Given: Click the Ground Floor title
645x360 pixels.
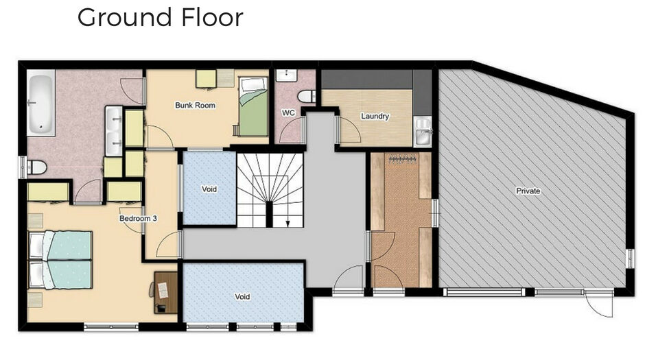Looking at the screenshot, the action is click(161, 18).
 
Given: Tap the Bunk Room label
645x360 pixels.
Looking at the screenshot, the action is click(196, 105).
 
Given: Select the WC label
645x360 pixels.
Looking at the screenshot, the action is click(288, 112).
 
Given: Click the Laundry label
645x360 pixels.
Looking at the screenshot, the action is click(375, 117).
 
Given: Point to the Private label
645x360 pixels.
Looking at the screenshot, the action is click(528, 191).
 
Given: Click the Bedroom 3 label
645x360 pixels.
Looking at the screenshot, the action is click(138, 218).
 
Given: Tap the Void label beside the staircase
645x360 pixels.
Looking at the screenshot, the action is click(209, 189).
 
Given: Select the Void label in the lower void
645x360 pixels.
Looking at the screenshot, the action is click(242, 296).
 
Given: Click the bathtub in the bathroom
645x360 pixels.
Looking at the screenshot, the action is click(40, 103).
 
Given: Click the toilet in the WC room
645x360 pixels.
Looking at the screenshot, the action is click(307, 97).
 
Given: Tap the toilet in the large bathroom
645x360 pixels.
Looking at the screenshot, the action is click(36, 167).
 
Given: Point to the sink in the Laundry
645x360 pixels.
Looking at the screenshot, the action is click(423, 131).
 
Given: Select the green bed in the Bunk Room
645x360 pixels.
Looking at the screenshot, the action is click(253, 106).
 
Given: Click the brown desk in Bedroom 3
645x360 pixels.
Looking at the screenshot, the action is click(166, 292).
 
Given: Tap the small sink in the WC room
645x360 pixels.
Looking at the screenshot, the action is click(286, 75).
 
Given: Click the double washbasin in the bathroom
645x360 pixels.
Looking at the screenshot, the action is click(114, 131).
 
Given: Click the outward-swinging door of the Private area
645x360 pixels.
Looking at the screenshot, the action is click(598, 303).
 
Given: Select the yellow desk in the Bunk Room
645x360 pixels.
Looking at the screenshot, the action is click(206, 79).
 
